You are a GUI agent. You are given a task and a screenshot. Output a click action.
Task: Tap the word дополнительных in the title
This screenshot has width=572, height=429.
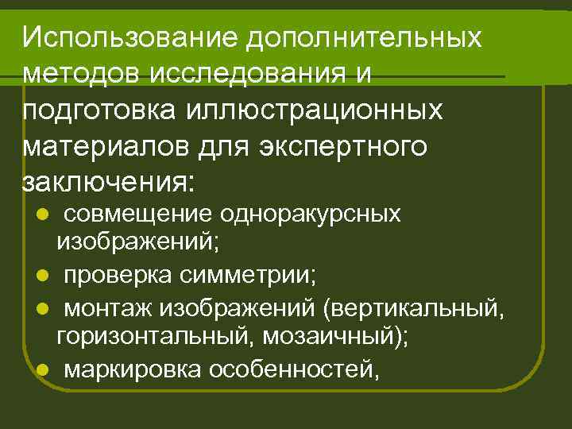coord(365,37)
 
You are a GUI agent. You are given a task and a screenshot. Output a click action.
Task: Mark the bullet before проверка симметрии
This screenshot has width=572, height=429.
coord(43,276)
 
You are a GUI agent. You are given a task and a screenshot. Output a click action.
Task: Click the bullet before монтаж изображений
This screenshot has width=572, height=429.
coord(43,307)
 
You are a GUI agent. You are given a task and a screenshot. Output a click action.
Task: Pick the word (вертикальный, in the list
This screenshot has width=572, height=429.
coord(413,307)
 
